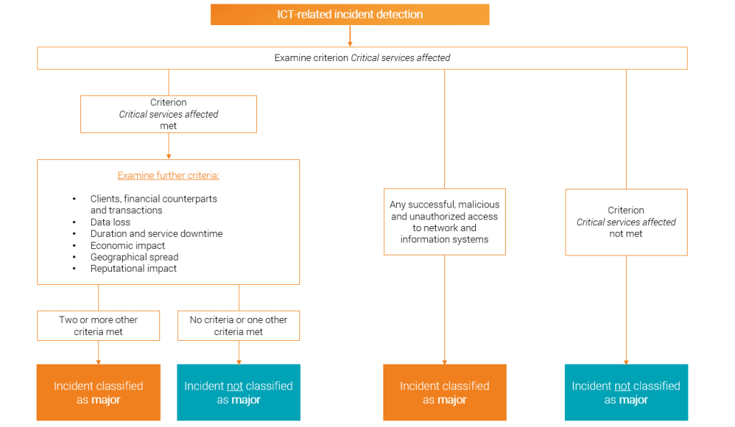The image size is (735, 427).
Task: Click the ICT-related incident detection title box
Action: pos(350,14)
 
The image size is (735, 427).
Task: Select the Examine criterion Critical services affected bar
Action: pos(362,58)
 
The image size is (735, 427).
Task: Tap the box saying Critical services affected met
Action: pos(168,114)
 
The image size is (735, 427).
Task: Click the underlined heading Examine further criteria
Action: pos(168,175)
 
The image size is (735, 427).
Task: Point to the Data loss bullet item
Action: pos(111,222)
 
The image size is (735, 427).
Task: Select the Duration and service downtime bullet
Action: pos(156,233)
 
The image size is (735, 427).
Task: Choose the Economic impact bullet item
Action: pos(127,245)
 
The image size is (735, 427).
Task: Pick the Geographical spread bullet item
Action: pos(134,257)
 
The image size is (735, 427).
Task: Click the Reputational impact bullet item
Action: pos(133,268)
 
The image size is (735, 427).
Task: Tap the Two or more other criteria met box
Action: pos(98,326)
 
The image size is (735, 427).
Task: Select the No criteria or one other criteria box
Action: pos(238,326)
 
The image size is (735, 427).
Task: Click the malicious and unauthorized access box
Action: pos(444,222)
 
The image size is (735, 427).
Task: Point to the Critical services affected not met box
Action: pos(626,222)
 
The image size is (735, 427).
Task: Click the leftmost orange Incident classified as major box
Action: pos(98,392)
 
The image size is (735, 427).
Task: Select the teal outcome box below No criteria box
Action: pos(238,392)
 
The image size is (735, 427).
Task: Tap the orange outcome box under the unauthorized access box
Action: pos(444,392)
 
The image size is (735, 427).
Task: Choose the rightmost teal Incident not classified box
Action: pos(626,392)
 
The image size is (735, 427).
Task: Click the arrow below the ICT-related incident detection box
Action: pos(350,36)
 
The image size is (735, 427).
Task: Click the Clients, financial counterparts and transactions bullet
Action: pos(154,205)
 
